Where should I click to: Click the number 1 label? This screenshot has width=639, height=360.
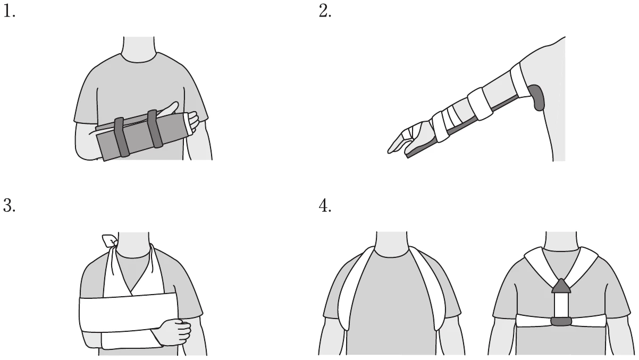coord(9,12)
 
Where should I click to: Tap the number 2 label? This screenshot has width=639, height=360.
coord(325,12)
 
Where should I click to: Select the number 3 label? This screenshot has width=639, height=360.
coord(9,205)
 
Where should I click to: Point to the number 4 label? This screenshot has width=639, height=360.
coord(325,206)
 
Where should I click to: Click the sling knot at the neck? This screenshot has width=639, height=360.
coord(111,241)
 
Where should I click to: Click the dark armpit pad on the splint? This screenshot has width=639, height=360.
coord(536,97)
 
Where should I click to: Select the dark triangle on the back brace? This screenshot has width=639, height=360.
coord(561,286)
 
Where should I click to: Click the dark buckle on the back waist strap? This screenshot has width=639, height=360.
coord(561,322)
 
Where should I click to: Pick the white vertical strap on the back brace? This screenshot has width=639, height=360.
coord(561,305)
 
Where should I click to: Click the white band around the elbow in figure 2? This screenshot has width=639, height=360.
coord(480,104)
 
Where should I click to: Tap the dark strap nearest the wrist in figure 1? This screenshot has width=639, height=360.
coord(155,129)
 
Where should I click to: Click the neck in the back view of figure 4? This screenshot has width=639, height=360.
coord(561,241)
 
